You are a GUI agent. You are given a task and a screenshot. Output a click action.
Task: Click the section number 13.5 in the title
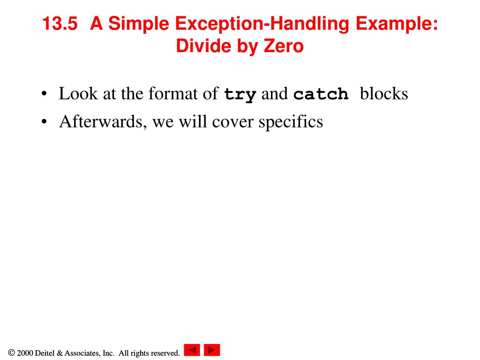59,24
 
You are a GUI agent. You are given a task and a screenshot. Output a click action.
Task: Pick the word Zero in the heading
283,46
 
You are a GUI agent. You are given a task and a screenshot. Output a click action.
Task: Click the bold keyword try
240,95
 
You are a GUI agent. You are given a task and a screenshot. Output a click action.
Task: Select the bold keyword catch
321,95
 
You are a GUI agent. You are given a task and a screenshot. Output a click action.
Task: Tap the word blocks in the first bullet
384,94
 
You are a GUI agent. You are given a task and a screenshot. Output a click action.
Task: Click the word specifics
291,122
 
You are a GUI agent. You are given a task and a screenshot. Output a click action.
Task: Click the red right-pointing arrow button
212,350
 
